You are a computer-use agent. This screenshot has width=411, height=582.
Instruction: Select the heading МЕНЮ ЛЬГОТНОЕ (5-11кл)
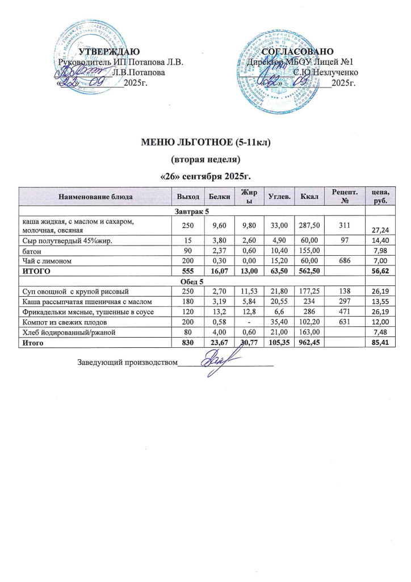coord(205,143)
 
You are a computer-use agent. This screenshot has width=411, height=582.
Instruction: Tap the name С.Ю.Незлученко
coord(325,73)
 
